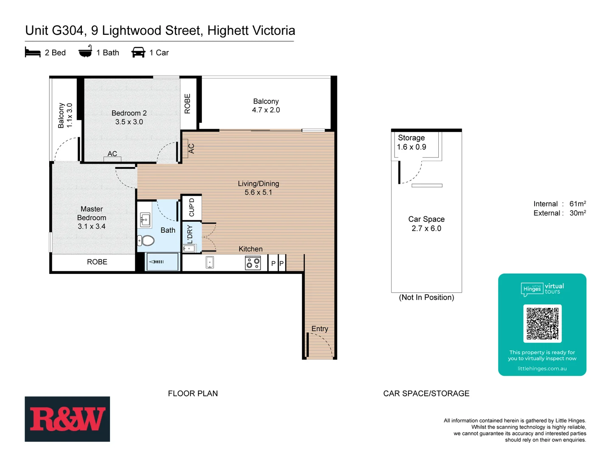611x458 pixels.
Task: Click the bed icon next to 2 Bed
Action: (x=33, y=53)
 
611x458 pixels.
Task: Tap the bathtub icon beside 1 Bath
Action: (x=85, y=52)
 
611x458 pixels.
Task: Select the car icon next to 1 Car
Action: (x=138, y=53)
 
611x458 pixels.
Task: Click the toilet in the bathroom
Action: (x=146, y=240)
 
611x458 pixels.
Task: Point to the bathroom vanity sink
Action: (x=145, y=220)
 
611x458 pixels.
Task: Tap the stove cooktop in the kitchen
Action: (x=253, y=263)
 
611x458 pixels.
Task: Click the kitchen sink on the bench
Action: (x=210, y=263)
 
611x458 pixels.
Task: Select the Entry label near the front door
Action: (x=320, y=329)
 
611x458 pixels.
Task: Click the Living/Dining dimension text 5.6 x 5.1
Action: (x=258, y=193)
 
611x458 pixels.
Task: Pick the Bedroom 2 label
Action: (x=129, y=113)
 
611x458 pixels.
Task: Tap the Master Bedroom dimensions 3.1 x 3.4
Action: (x=92, y=226)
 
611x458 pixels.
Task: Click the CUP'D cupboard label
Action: (x=191, y=207)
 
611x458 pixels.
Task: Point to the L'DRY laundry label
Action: (x=190, y=235)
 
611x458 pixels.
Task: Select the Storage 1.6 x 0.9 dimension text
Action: (x=411, y=147)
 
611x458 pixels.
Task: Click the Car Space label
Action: (x=426, y=219)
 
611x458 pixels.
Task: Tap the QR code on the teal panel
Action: (x=542, y=324)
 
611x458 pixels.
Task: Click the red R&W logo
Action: (x=67, y=419)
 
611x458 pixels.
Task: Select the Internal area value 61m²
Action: (x=577, y=204)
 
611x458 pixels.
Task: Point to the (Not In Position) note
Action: (x=426, y=297)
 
